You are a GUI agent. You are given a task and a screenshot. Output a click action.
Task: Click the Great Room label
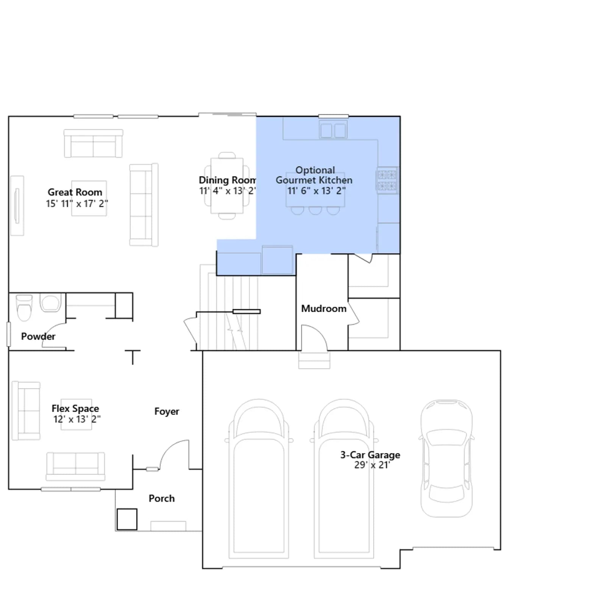click(x=75, y=192)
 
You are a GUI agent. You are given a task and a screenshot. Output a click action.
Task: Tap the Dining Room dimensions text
click(x=228, y=191)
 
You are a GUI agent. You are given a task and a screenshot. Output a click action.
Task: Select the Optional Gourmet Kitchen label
click(x=314, y=175)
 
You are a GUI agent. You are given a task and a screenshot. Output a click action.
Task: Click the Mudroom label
click(x=324, y=309)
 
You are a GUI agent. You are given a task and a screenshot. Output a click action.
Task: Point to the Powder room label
click(x=38, y=336)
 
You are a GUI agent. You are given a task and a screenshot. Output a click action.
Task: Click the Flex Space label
click(x=75, y=408)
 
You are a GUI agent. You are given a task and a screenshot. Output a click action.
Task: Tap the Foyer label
click(x=167, y=411)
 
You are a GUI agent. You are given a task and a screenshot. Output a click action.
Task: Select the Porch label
click(x=162, y=498)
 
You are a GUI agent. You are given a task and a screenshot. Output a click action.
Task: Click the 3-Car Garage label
click(x=370, y=455)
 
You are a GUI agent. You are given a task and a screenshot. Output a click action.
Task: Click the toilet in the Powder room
click(x=24, y=308)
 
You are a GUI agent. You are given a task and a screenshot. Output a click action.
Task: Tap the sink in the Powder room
click(x=50, y=303)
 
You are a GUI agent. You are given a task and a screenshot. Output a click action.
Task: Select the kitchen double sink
click(x=333, y=130)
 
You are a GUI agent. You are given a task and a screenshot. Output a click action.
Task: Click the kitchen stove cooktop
click(x=387, y=180)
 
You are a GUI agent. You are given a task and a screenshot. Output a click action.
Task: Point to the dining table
click(x=227, y=186)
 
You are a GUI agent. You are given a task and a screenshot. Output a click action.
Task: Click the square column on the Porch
click(x=127, y=519)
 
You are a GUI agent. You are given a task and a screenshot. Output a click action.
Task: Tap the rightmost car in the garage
click(x=447, y=458)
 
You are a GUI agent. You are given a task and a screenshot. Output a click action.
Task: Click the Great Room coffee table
click(x=89, y=198)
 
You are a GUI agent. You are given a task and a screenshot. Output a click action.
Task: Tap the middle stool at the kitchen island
click(x=315, y=211)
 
